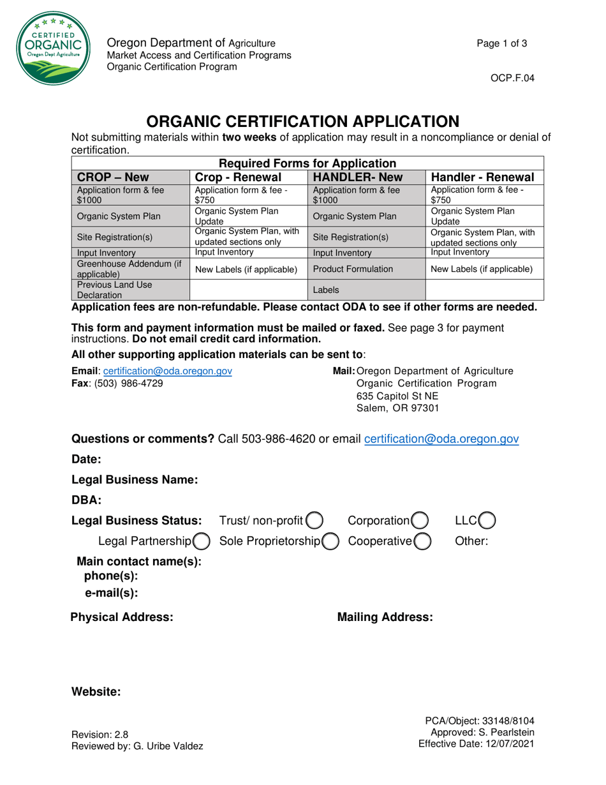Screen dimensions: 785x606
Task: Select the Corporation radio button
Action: point(419,521)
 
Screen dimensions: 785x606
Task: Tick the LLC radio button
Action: point(486,521)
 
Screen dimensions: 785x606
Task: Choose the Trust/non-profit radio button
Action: point(314,521)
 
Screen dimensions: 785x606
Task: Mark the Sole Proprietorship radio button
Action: point(330,542)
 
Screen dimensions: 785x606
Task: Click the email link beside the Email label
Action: point(167,371)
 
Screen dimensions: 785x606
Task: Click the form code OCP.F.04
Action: point(512,78)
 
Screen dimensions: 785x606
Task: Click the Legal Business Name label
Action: point(134,479)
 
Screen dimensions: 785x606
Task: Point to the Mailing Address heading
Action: point(385,617)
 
